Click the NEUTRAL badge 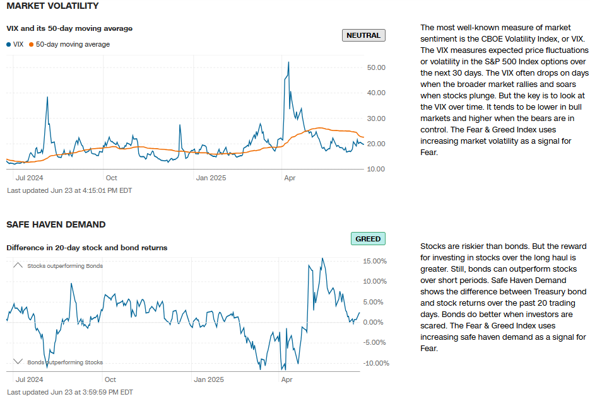[x=364, y=35]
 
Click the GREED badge [x=368, y=239]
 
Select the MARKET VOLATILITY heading [x=52, y=6]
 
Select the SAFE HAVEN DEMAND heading [x=56, y=224]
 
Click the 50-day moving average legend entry [x=73, y=44]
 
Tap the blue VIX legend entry [x=15, y=44]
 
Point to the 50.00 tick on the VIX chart [x=376, y=67]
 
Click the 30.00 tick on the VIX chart [x=376, y=119]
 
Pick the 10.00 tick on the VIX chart [x=376, y=169]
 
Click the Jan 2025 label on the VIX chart [x=211, y=178]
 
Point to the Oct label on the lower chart [x=110, y=379]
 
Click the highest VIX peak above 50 [x=288, y=62]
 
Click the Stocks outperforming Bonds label [x=65, y=266]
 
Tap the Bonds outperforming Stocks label [x=65, y=362]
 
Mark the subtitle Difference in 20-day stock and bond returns [x=87, y=248]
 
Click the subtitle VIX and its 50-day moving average [x=69, y=28]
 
